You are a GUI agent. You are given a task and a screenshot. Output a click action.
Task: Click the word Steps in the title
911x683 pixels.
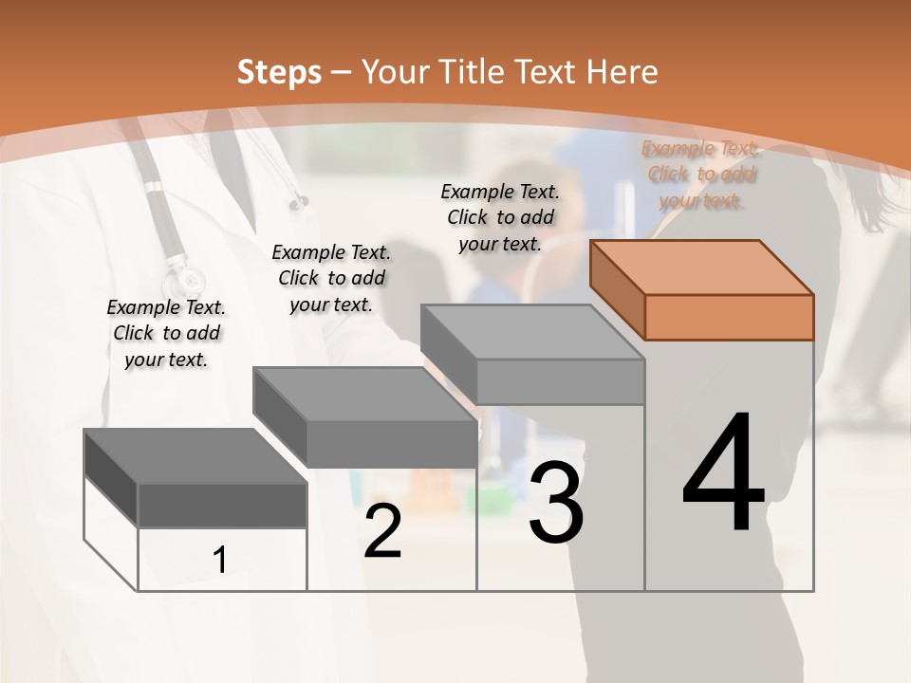pyautogui.click(x=279, y=72)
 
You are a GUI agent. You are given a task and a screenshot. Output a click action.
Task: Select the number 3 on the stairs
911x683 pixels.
pyautogui.click(x=556, y=502)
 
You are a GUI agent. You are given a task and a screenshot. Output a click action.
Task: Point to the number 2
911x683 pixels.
pyautogui.click(x=382, y=531)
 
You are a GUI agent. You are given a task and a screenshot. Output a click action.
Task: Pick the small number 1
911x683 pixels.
pyautogui.click(x=219, y=560)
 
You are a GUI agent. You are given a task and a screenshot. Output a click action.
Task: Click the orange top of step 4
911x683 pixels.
pyautogui.click(x=702, y=268)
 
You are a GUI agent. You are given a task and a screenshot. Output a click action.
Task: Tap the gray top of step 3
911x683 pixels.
pyautogui.click(x=531, y=332)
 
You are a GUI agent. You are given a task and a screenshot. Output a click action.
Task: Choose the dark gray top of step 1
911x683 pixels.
pyautogui.click(x=195, y=456)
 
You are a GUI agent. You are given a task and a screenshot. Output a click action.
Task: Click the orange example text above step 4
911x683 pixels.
pyautogui.click(x=701, y=175)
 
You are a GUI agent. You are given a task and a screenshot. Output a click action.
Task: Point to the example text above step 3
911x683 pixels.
pyautogui.click(x=500, y=217)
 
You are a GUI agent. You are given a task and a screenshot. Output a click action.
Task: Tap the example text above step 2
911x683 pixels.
pyautogui.click(x=331, y=278)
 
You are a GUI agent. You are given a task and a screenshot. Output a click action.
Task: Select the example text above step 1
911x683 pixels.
pyautogui.click(x=166, y=333)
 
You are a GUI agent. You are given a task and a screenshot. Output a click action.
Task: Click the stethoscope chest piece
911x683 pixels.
pyautogui.click(x=184, y=281)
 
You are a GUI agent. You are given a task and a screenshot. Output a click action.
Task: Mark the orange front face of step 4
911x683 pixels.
pyautogui.click(x=729, y=317)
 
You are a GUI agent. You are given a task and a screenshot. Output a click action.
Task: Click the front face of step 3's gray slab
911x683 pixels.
pyautogui.click(x=560, y=381)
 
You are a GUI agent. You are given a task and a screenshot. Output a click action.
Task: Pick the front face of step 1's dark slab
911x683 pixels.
pyautogui.click(x=222, y=505)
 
